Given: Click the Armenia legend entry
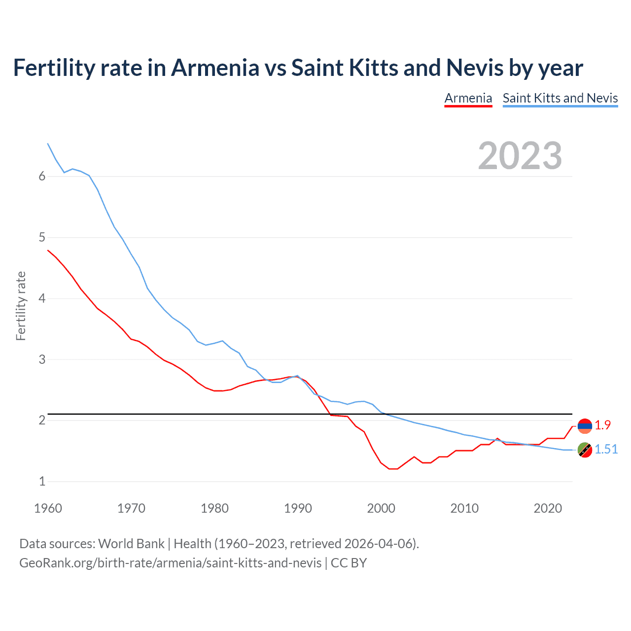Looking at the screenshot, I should tap(468, 98).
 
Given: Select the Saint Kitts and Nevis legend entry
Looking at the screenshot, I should tap(560, 98).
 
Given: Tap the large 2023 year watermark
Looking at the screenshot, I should tap(520, 156).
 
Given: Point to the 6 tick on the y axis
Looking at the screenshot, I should tap(42, 176).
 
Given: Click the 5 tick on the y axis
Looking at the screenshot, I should tap(42, 238).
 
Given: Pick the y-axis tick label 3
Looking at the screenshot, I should tap(42, 359).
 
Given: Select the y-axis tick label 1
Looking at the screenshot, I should tap(42, 482).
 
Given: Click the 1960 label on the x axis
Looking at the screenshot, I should tap(48, 508).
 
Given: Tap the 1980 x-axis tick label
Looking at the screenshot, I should tap(214, 508).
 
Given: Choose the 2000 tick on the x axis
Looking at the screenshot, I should tap(381, 508).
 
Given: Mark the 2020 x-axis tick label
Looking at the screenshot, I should tap(548, 508).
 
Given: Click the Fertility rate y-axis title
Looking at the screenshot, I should tap(21, 306).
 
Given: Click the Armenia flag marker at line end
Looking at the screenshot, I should tap(585, 426).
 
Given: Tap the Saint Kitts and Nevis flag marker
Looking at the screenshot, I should tap(585, 450).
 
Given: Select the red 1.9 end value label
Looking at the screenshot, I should tap(602, 425).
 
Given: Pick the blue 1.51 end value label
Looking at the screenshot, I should tap(606, 449).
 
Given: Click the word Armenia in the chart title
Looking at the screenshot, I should tap(215, 68).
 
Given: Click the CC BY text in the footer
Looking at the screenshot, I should tap(349, 563).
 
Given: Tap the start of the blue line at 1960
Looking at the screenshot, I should tap(48, 143).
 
